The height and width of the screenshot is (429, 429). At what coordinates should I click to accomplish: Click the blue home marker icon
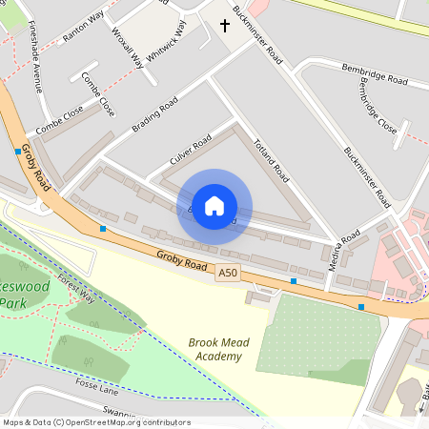(214, 205)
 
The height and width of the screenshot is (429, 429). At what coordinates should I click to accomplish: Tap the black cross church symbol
(226, 25)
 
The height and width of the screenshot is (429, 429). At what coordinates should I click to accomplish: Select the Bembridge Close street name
(378, 106)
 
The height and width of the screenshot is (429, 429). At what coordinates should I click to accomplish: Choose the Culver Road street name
(190, 153)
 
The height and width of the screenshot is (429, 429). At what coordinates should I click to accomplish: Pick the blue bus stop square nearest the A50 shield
(294, 281)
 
